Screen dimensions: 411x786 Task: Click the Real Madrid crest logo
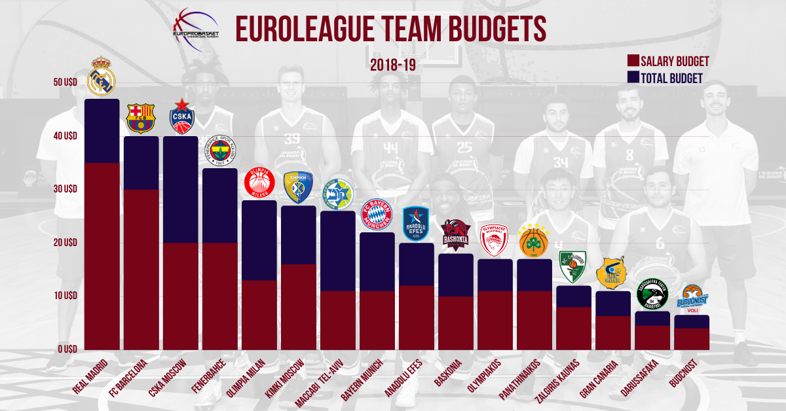coord(101,77)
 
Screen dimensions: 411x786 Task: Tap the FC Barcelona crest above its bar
coord(141,118)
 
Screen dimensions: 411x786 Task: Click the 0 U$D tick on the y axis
coord(66,349)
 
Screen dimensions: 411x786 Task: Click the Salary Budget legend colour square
coord(632,62)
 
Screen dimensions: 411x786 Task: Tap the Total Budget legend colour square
coord(632,78)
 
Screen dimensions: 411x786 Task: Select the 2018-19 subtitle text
coord(393,65)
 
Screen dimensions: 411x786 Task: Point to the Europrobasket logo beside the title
coord(195,27)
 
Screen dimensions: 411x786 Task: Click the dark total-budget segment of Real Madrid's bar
coord(102,131)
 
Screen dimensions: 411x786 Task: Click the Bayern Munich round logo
coord(377,214)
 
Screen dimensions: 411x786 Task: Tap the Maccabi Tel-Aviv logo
coord(338,193)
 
